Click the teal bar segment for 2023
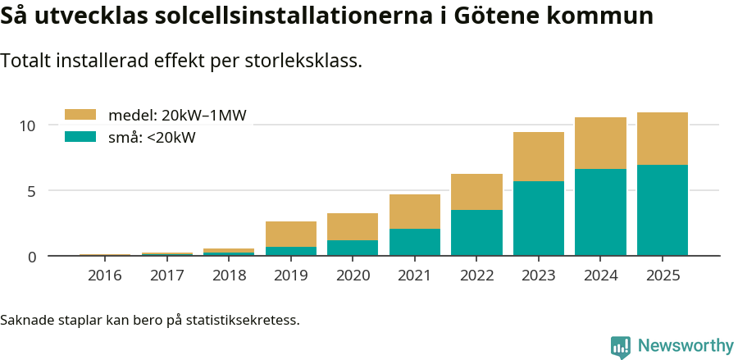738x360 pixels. pyautogui.click(x=539, y=218)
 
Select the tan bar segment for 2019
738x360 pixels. pyautogui.click(x=291, y=234)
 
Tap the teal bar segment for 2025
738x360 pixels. pyautogui.click(x=663, y=210)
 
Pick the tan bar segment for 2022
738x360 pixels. pyautogui.click(x=476, y=192)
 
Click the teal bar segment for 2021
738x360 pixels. pyautogui.click(x=415, y=242)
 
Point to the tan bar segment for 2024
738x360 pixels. pyautogui.click(x=600, y=143)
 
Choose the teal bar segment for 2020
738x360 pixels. pyautogui.click(x=353, y=248)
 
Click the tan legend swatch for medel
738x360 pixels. pyautogui.click(x=80, y=116)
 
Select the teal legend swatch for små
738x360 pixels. pyautogui.click(x=80, y=137)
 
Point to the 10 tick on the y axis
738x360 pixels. pyautogui.click(x=28, y=125)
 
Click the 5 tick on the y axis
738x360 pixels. pyautogui.click(x=32, y=191)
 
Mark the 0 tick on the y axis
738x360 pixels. pyautogui.click(x=32, y=257)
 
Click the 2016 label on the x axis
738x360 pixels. pyautogui.click(x=105, y=276)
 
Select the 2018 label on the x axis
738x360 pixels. pyautogui.click(x=229, y=276)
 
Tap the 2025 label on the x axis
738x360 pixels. pyautogui.click(x=663, y=276)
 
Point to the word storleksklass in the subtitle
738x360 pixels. pyautogui.click(x=303, y=61)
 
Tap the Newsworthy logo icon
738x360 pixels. pyautogui.click(x=621, y=346)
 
